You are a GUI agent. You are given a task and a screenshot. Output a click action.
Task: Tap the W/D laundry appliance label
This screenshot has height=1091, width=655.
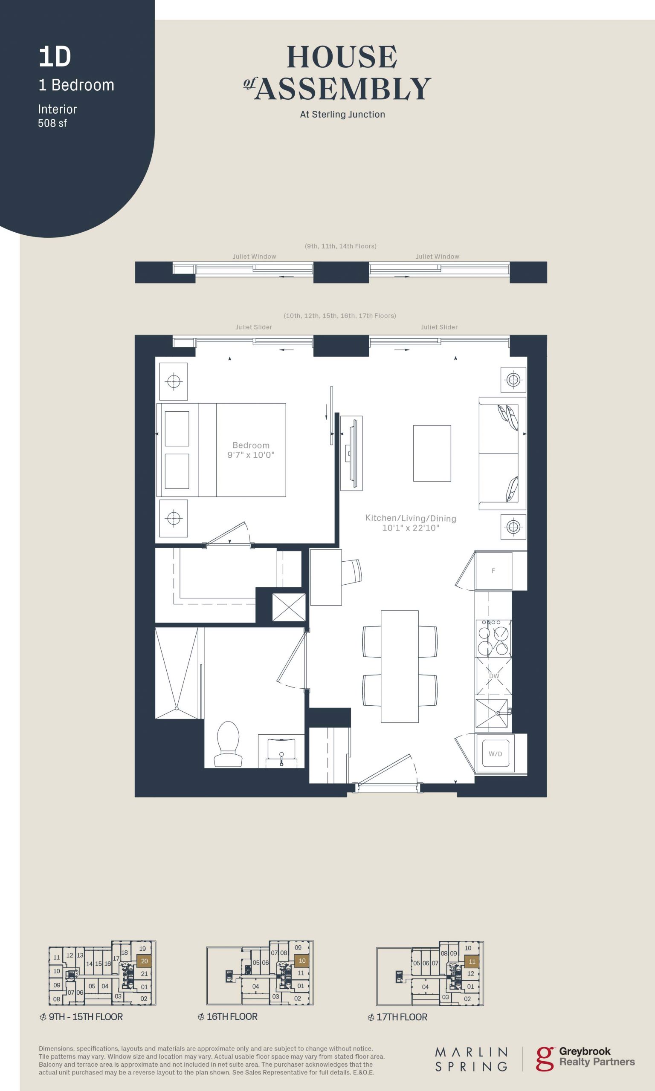pyautogui.click(x=495, y=753)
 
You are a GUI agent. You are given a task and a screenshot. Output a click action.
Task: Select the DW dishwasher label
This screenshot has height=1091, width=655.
pyautogui.click(x=494, y=676)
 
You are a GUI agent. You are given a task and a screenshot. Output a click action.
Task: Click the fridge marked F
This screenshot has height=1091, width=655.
pyautogui.click(x=493, y=571)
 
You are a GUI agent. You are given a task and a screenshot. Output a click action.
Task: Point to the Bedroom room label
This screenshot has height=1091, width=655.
pyautogui.click(x=251, y=445)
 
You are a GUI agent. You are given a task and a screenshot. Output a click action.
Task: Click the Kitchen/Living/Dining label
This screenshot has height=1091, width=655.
pyautogui.click(x=411, y=518)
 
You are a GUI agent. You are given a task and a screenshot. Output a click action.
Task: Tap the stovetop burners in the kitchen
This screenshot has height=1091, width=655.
pyautogui.click(x=493, y=638)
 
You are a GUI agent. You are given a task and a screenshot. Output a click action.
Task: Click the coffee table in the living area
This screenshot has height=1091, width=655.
pyautogui.click(x=432, y=453)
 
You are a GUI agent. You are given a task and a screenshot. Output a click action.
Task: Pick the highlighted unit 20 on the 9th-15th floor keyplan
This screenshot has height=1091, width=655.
pyautogui.click(x=144, y=961)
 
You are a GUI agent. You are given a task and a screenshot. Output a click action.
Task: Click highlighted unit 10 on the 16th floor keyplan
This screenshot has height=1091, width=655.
pyautogui.click(x=302, y=961)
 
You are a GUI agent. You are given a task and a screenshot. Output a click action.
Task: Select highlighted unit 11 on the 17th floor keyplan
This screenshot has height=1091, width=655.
pyautogui.click(x=472, y=961)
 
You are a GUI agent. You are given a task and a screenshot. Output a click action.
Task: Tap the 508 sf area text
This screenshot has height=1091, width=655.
pyautogui.click(x=52, y=124)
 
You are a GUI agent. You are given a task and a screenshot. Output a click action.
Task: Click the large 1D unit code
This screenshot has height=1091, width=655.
pyautogui.click(x=55, y=57)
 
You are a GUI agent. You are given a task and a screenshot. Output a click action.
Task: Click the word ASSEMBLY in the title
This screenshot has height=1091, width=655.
pyautogui.click(x=343, y=89)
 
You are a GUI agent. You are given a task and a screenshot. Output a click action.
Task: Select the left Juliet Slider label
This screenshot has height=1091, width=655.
pyautogui.click(x=253, y=327)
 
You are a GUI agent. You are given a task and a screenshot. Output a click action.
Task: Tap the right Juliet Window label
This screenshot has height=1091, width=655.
pyautogui.click(x=438, y=257)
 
